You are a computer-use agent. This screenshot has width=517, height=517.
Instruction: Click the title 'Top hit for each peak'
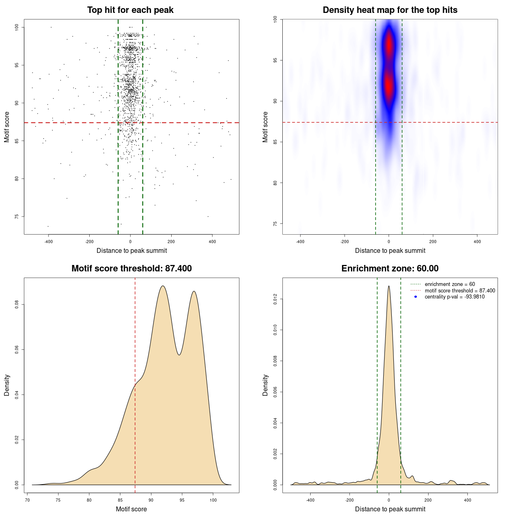pyautogui.click(x=130, y=10)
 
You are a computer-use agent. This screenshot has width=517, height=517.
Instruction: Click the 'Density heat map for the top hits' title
pyautogui.click(x=390, y=10)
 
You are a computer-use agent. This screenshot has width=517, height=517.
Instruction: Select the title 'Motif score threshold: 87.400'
pyautogui.click(x=131, y=269)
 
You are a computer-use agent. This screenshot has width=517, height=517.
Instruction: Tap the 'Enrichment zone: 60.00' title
pyautogui.click(x=390, y=269)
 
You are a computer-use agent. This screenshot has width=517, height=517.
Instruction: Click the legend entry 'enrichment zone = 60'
pyautogui.click(x=450, y=284)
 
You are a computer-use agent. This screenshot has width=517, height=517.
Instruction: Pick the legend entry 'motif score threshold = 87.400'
pyautogui.click(x=460, y=291)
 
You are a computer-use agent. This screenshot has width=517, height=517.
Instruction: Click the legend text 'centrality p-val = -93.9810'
pyautogui.click(x=454, y=297)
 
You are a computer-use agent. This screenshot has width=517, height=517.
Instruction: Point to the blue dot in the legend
pyautogui.click(x=416, y=297)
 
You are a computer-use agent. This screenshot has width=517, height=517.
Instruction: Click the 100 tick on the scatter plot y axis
pyautogui.click(x=17, y=27)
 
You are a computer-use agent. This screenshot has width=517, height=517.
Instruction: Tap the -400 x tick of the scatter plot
pyautogui.click(x=48, y=242)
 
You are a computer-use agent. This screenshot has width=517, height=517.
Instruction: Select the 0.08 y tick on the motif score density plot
pyautogui.click(x=17, y=304)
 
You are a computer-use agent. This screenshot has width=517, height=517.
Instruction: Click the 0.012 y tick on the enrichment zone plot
pyautogui.click(x=275, y=299)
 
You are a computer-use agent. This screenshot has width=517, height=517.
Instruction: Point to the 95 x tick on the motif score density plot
pyautogui.click(x=182, y=500)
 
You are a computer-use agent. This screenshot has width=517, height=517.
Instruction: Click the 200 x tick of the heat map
pyautogui.click(x=433, y=242)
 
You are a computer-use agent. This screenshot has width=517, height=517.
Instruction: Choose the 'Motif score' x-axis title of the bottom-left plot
pyautogui.click(x=131, y=509)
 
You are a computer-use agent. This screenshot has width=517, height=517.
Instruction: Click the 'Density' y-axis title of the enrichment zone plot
pyautogui.click(x=265, y=385)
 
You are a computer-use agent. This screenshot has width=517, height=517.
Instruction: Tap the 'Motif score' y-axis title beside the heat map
pyautogui.click(x=265, y=127)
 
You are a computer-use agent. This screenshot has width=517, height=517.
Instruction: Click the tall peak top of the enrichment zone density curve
pyautogui.click(x=389, y=286)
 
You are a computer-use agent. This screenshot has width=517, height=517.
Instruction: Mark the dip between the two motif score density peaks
pyautogui.click(x=179, y=355)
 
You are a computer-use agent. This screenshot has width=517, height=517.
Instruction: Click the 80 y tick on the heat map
pyautogui.click(x=275, y=183)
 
